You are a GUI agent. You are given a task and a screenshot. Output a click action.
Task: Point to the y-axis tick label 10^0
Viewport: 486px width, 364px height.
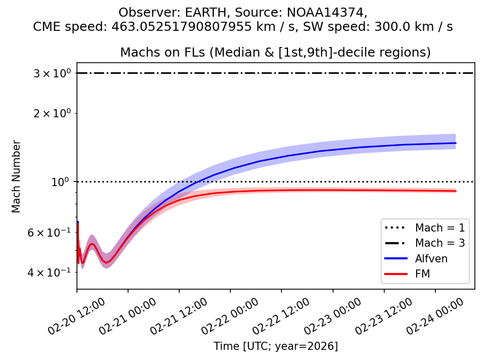tap(59, 181)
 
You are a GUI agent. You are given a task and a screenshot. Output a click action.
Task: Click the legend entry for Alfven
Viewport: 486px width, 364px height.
tap(431, 258)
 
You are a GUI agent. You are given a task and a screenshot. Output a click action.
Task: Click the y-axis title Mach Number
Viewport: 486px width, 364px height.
tap(17, 176)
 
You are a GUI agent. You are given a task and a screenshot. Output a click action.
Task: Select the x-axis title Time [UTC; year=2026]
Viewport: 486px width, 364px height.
tap(275, 346)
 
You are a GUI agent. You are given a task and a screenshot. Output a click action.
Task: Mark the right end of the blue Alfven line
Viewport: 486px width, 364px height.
tap(456, 143)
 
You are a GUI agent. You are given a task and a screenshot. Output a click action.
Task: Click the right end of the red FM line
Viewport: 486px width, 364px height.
tap(456, 191)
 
